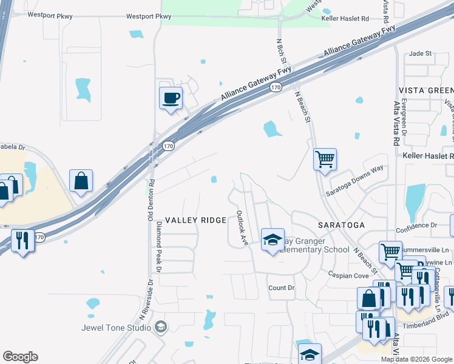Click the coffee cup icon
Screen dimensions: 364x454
point(171,98)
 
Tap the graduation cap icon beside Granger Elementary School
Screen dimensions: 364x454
point(273,240)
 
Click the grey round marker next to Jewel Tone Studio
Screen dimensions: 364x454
point(160,328)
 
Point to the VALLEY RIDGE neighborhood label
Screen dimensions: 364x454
point(196,221)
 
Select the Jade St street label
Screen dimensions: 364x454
point(420,53)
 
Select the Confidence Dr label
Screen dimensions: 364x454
point(416,225)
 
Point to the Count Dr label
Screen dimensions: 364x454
point(281,288)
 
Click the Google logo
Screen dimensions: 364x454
point(21,357)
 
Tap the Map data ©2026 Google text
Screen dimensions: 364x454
point(416,359)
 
